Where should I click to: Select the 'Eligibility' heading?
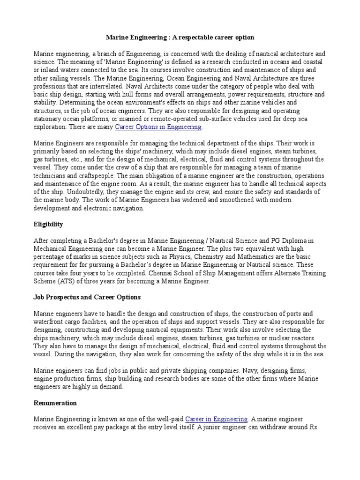click(x=48, y=225)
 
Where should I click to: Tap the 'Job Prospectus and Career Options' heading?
click(x=87, y=297)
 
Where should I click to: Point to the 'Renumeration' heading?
click(x=55, y=403)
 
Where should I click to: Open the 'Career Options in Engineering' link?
click(x=158, y=127)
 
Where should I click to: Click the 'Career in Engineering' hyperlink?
click(x=216, y=419)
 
